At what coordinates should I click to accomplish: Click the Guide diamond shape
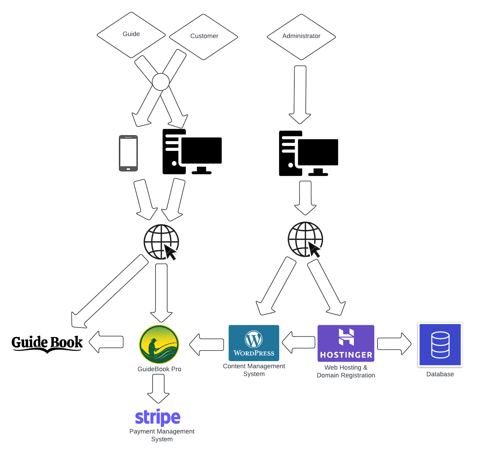tap(131, 35)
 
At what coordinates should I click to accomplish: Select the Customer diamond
tap(203, 37)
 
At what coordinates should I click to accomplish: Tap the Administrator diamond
tap(301, 37)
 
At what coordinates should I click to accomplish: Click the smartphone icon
tap(128, 153)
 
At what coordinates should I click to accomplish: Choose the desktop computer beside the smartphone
tap(192, 152)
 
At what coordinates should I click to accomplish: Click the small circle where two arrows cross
tap(161, 82)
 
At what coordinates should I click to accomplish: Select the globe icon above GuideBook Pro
tap(161, 242)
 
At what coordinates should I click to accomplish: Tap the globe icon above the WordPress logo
tap(305, 239)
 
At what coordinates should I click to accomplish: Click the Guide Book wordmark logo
tap(47, 343)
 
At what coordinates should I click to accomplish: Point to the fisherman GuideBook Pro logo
tap(159, 344)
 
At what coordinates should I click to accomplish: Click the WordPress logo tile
tap(254, 343)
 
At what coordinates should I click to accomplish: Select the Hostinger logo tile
tap(346, 343)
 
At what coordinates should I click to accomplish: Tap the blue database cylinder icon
tap(440, 344)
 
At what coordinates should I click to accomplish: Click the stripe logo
tap(158, 417)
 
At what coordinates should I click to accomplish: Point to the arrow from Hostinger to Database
tap(394, 344)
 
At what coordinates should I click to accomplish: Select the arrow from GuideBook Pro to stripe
tap(158, 389)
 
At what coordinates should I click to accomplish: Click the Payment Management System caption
tap(162, 435)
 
